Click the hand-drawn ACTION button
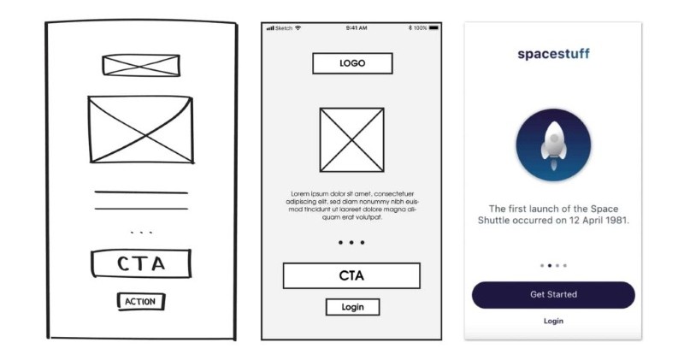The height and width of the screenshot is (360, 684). coord(141,302)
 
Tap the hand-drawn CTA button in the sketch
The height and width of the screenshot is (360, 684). coord(141,263)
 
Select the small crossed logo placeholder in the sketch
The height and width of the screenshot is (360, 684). coord(141,66)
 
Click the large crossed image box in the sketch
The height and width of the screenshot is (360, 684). coord(140,130)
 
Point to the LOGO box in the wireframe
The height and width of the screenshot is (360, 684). coord(352,63)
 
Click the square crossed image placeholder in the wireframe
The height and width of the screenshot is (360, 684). coord(352,139)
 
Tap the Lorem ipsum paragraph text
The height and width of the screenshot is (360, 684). coord(352,205)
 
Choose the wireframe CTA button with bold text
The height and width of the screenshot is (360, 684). coord(351,275)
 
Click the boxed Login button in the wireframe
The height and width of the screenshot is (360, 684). coord(352,307)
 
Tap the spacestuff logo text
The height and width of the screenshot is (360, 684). coord(553,54)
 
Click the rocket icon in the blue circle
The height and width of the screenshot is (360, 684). coord(553,145)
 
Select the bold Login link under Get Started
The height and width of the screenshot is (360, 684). coord(553,322)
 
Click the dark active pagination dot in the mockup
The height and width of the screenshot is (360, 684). coord(550,265)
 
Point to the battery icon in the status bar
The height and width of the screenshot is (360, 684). coord(433,28)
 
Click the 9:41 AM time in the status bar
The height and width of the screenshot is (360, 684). coord(357,28)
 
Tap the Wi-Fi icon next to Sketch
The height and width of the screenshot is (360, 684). coord(298,28)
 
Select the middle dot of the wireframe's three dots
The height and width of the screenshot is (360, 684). coord(351,243)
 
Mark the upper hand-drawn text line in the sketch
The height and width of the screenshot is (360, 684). coord(141,192)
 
